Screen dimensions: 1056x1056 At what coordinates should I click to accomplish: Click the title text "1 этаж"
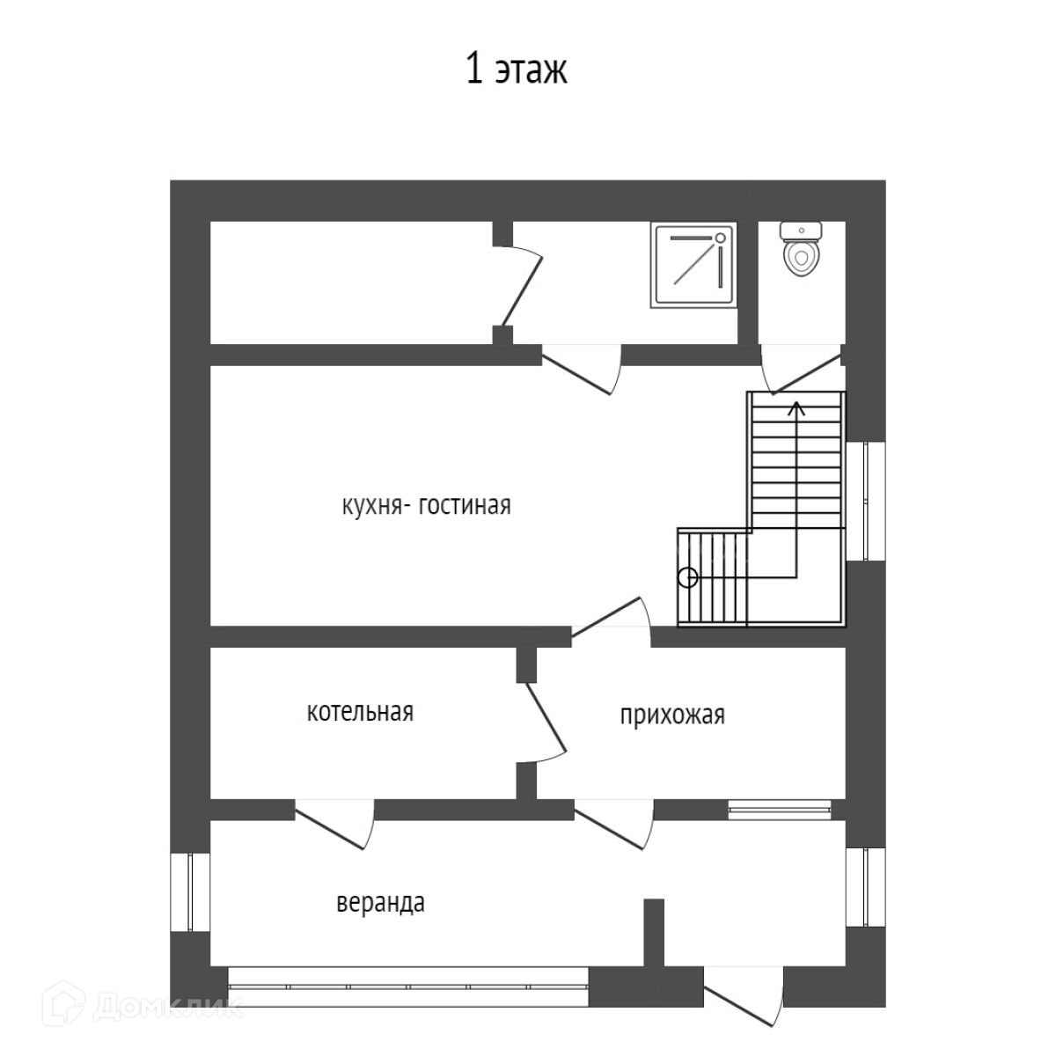[x=517, y=70]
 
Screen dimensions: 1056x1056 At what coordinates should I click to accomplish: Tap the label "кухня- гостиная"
[x=426, y=506]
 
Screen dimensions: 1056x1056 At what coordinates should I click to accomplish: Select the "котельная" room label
[x=360, y=711]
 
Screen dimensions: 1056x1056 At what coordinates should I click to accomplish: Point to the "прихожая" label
[x=672, y=715]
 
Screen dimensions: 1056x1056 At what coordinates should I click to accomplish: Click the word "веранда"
[x=381, y=903]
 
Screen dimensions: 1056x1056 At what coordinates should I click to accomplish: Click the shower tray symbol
[x=693, y=265]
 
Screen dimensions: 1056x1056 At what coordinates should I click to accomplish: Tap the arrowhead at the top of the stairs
[x=796, y=407]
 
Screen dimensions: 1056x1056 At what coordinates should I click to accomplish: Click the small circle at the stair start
[x=687, y=578]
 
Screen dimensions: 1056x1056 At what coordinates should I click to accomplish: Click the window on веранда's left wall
[x=191, y=891]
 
